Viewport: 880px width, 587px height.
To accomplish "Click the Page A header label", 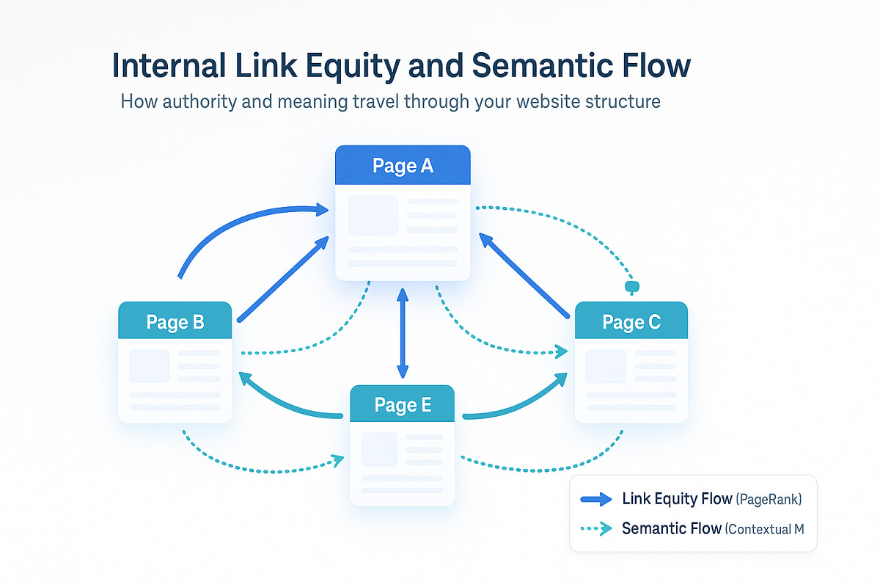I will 403,166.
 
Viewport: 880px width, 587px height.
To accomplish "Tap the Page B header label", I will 175,321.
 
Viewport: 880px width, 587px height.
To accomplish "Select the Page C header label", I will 631,321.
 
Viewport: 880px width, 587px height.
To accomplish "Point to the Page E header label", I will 403,404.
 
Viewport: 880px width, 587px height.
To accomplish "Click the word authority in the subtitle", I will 208,101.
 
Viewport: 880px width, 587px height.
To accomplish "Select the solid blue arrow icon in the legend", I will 595,500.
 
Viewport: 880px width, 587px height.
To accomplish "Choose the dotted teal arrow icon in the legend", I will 595,528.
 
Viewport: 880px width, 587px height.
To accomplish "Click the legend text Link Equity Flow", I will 676,499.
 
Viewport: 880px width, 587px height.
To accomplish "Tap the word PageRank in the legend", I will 769,500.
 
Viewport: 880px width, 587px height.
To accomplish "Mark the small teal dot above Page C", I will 629,285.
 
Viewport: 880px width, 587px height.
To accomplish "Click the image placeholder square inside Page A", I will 373,215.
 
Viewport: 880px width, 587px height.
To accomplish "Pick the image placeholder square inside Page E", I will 379,449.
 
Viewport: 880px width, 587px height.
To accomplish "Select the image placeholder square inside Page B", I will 150,365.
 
